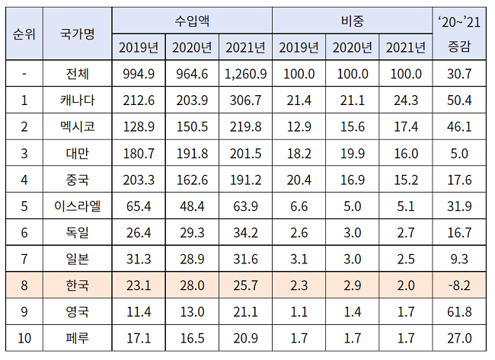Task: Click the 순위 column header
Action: pyautogui.click(x=24, y=34)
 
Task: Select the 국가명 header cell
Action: pyautogui.click(x=77, y=34)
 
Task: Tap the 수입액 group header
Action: pyautogui.click(x=191, y=21)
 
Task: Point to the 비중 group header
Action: pyautogui.click(x=351, y=21)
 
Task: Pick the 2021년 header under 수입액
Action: pyautogui.click(x=244, y=48)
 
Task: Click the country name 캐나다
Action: pyautogui.click(x=77, y=100)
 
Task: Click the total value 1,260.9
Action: pyautogui.click(x=244, y=74)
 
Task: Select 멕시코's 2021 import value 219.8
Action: pyautogui.click(x=244, y=126)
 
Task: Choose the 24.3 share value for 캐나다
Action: pyautogui.click(x=404, y=100)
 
